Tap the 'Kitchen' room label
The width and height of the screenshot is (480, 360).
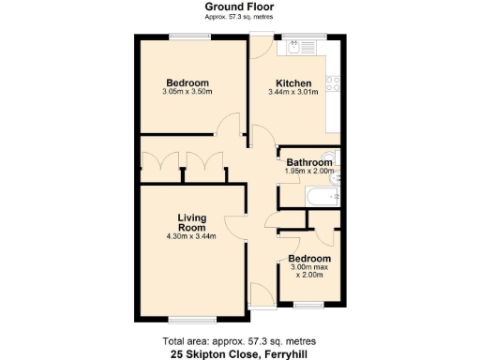tap(292, 82)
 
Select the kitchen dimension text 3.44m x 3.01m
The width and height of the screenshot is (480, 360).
tap(292, 93)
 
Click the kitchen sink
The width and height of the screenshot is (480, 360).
tap(302, 44)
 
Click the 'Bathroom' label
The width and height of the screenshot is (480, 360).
tap(309, 162)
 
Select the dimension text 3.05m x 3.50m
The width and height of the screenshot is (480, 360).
tap(187, 93)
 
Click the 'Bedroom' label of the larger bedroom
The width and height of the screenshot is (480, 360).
tap(187, 82)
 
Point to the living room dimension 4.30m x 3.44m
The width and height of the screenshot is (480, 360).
tap(192, 236)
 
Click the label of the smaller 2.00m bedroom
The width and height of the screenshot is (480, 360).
tap(309, 258)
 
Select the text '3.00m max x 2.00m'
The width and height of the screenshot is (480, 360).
tap(309, 271)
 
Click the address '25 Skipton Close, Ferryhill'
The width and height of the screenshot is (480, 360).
tap(240, 354)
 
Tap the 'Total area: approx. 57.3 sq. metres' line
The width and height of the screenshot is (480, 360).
tap(240, 340)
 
